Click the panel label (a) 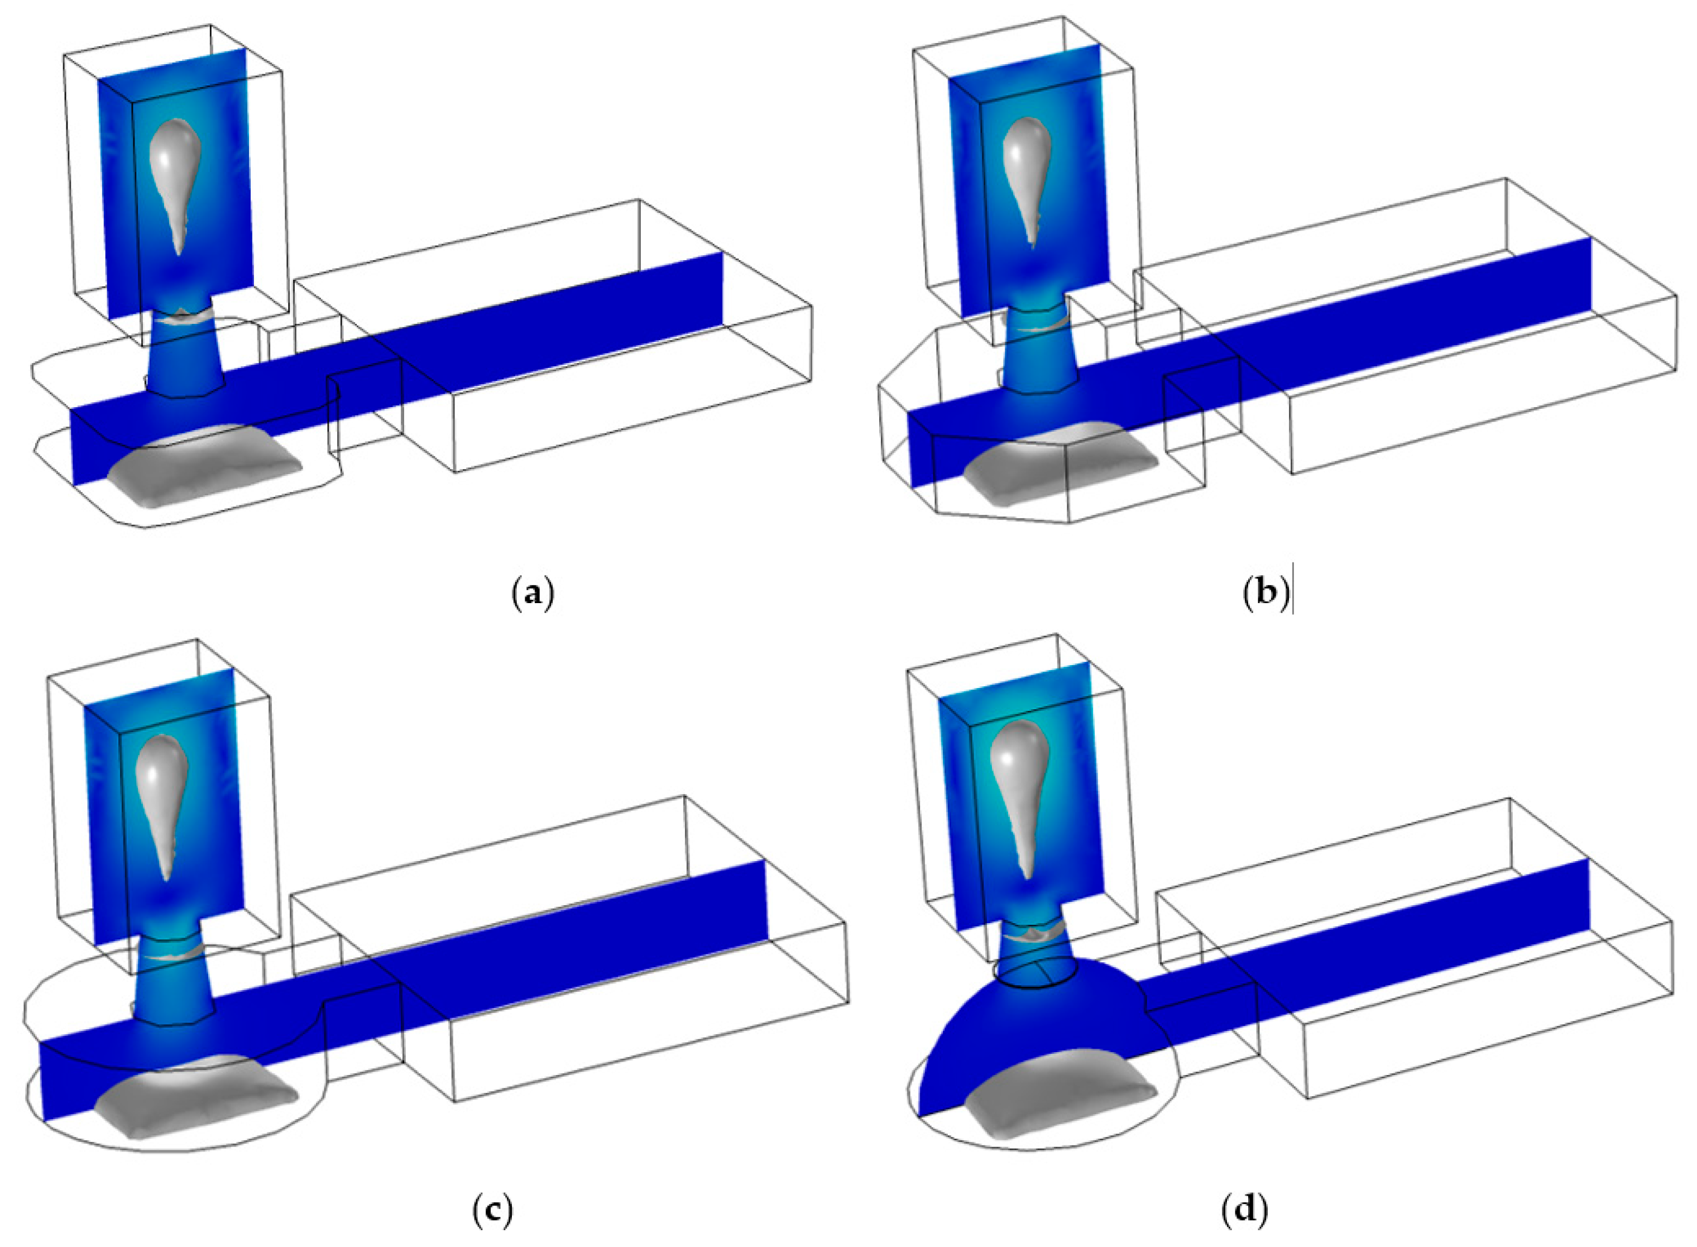(533, 593)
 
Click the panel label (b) (1265, 593)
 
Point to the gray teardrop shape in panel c (161, 792)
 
